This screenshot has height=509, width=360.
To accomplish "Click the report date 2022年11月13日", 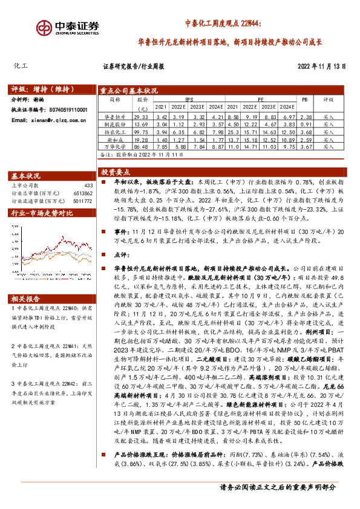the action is pos(321,66).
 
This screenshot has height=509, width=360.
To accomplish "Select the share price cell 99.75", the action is pos(140,131).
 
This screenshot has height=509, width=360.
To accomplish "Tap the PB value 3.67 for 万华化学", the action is pos(306,146).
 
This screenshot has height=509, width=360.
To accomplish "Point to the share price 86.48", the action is pos(140,146).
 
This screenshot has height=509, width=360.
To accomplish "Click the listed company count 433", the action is pos(88,185).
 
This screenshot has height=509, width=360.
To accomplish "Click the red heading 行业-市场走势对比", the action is pos(42,213).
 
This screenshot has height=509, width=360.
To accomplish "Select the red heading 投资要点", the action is pos(116,172).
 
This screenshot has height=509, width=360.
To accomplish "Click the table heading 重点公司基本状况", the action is pos(128,88).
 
